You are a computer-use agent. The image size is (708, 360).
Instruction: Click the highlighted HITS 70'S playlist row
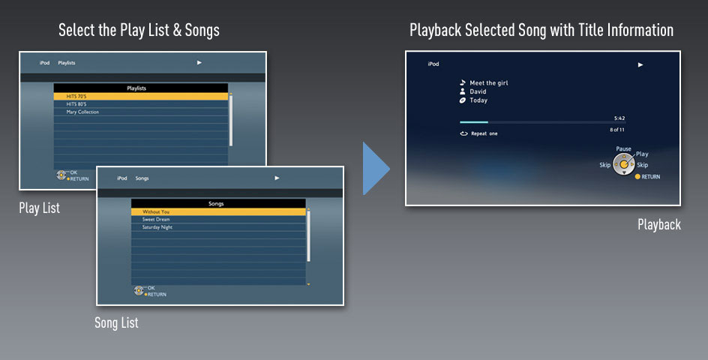coord(141,96)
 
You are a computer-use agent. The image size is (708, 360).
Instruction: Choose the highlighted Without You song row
coord(218,211)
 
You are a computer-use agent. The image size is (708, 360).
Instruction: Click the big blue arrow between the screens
coord(375,169)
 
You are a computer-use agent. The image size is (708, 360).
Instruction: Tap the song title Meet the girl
coord(488,82)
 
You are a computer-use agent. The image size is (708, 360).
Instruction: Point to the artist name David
coord(478,91)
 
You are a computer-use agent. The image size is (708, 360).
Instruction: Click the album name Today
coord(478,100)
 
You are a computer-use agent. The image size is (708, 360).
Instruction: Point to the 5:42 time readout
coord(619,118)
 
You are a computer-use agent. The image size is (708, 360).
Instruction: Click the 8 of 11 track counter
coord(617,130)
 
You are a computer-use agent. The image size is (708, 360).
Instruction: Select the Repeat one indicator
coord(478,133)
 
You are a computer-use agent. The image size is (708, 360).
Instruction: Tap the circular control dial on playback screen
coord(623,164)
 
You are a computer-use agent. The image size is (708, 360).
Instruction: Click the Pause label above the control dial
coord(623,148)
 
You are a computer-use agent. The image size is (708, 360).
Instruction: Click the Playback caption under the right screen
coord(659,224)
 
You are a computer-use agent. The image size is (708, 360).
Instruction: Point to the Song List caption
coord(116,322)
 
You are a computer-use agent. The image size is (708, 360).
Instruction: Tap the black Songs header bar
coord(218,204)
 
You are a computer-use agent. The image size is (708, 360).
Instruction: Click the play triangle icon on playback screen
coord(640,64)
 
